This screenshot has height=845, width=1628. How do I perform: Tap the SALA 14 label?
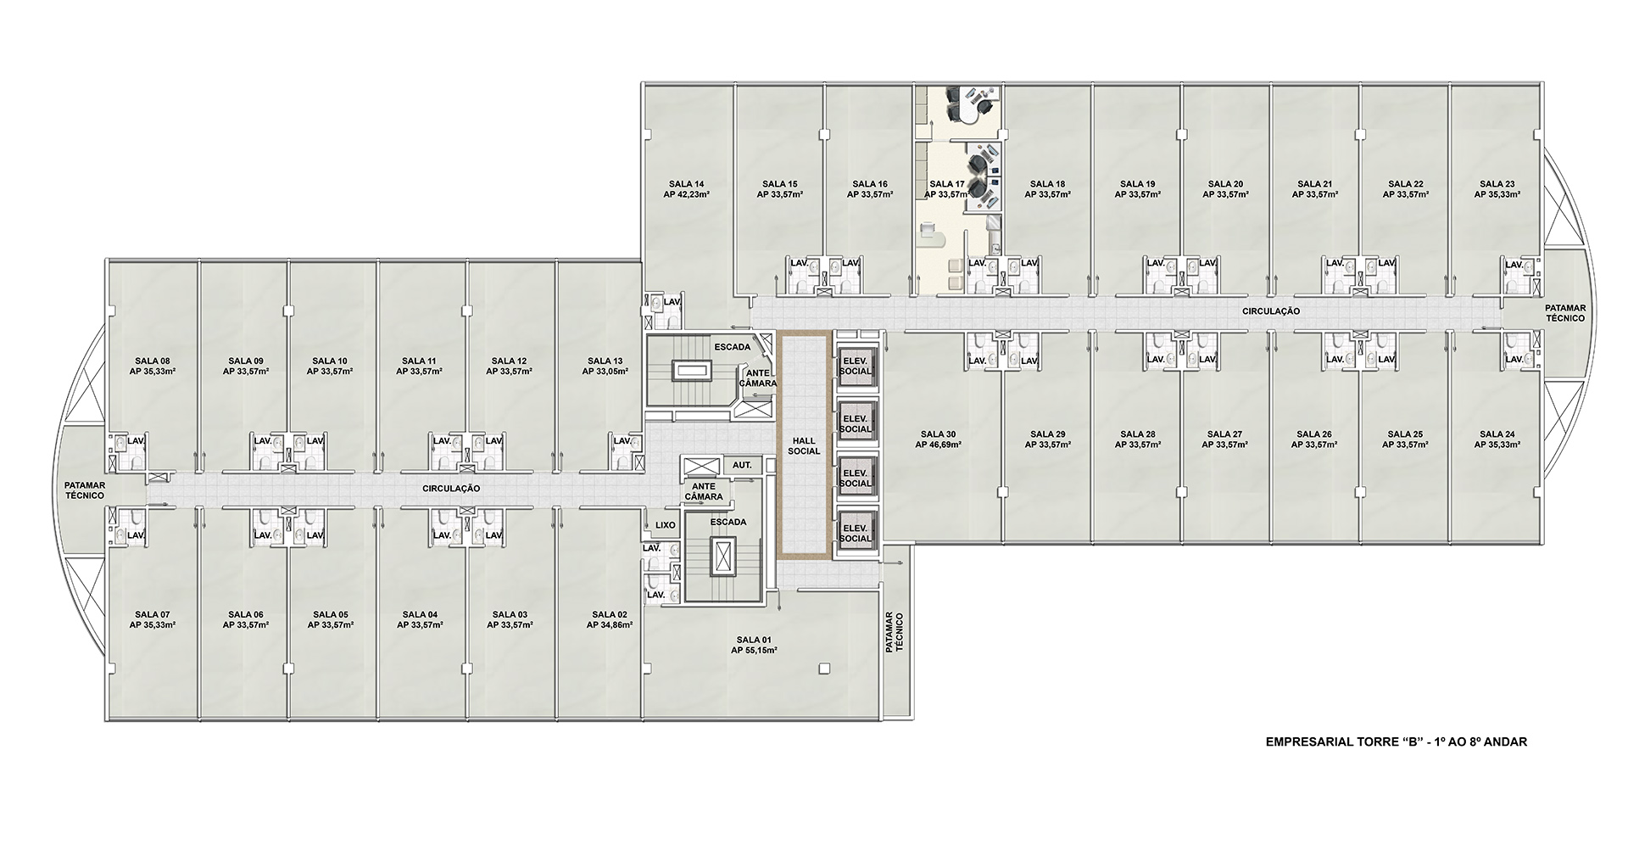pos(687,184)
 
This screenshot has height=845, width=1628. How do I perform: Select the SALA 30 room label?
pos(937,434)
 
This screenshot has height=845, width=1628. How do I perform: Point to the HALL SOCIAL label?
pos(804,445)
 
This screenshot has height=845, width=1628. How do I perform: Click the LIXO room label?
pos(666,525)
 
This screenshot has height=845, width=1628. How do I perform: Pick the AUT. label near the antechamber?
pos(742,465)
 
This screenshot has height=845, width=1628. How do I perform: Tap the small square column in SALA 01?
pos(822,670)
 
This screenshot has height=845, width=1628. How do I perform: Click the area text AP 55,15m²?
pos(755,651)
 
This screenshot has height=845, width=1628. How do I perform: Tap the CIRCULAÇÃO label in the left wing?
pos(451,489)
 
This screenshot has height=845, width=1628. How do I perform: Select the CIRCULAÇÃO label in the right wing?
pos(1271,311)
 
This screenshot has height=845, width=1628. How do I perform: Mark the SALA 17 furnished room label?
pos(947,184)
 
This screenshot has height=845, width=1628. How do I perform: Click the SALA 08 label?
pos(153,361)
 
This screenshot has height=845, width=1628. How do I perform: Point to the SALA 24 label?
pos(1497,434)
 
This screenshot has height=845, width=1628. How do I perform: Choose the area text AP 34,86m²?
pos(610,625)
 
